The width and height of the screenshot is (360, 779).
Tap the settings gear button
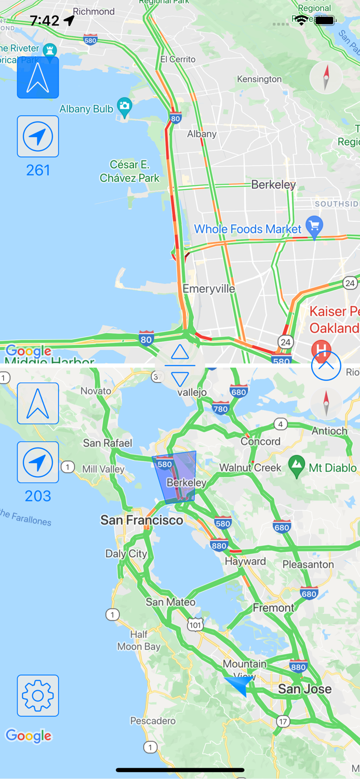tap(38, 695)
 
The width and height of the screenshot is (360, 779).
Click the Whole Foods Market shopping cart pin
tap(314, 226)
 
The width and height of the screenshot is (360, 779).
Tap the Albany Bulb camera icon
tap(124, 107)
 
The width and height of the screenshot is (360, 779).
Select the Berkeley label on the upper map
tap(273, 184)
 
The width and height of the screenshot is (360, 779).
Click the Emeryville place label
tap(209, 289)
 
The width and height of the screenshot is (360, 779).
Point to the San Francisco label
tap(142, 520)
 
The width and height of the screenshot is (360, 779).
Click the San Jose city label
tap(304, 689)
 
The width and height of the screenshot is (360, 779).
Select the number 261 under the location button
tap(38, 170)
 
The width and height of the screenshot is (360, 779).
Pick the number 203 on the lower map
tap(38, 496)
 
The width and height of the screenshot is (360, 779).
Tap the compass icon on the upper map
tap(326, 78)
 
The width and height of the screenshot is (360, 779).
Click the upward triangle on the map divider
tap(180, 353)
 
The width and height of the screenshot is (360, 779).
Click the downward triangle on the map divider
tap(180, 379)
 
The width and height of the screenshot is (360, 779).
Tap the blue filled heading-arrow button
tap(38, 78)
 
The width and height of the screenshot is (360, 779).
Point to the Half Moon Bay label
tap(138, 640)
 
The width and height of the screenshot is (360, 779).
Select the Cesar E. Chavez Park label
tap(130, 171)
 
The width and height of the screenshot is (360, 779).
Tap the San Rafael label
tap(108, 443)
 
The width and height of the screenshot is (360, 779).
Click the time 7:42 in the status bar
tap(45, 21)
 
